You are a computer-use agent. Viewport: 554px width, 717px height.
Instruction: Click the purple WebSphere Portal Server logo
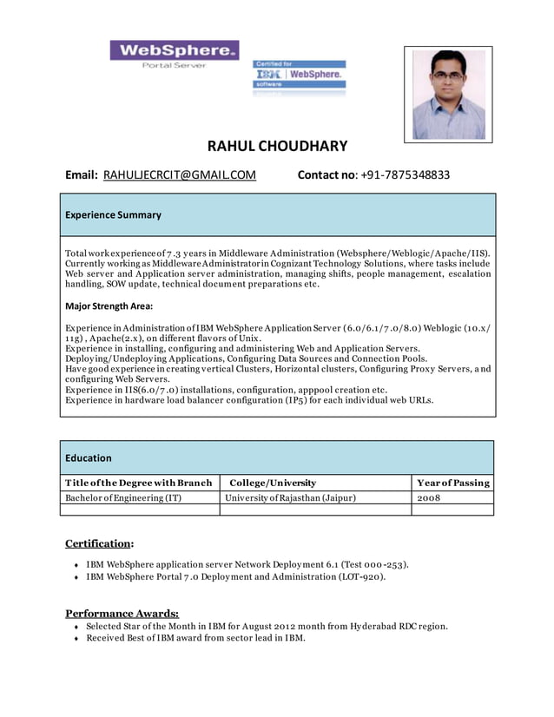174,55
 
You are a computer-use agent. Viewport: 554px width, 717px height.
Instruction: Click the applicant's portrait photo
448,94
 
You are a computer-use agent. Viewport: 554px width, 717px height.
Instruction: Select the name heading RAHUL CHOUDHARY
277,146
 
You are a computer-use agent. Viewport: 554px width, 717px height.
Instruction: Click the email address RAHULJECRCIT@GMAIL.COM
180,175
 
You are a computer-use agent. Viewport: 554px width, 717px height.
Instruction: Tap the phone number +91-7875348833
406,175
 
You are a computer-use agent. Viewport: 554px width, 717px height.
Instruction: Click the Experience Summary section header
113,215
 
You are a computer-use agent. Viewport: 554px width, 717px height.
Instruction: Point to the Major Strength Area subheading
109,306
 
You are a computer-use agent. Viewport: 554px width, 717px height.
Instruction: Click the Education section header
89,457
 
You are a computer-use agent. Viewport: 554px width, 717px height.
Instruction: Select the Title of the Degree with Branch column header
139,483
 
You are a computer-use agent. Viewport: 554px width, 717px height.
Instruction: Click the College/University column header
271,483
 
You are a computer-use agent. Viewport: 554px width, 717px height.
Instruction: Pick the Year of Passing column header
452,483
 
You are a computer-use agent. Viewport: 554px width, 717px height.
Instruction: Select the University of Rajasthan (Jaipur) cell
290,497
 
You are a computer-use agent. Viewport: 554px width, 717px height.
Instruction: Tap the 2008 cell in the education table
429,497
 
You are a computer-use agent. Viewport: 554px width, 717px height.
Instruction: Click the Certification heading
100,543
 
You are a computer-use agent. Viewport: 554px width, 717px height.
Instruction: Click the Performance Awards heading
122,613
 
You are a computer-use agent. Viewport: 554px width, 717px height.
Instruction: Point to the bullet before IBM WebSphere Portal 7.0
76,577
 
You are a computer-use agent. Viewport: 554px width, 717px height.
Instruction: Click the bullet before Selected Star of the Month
76,627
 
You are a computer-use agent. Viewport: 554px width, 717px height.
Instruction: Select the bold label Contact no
326,175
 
